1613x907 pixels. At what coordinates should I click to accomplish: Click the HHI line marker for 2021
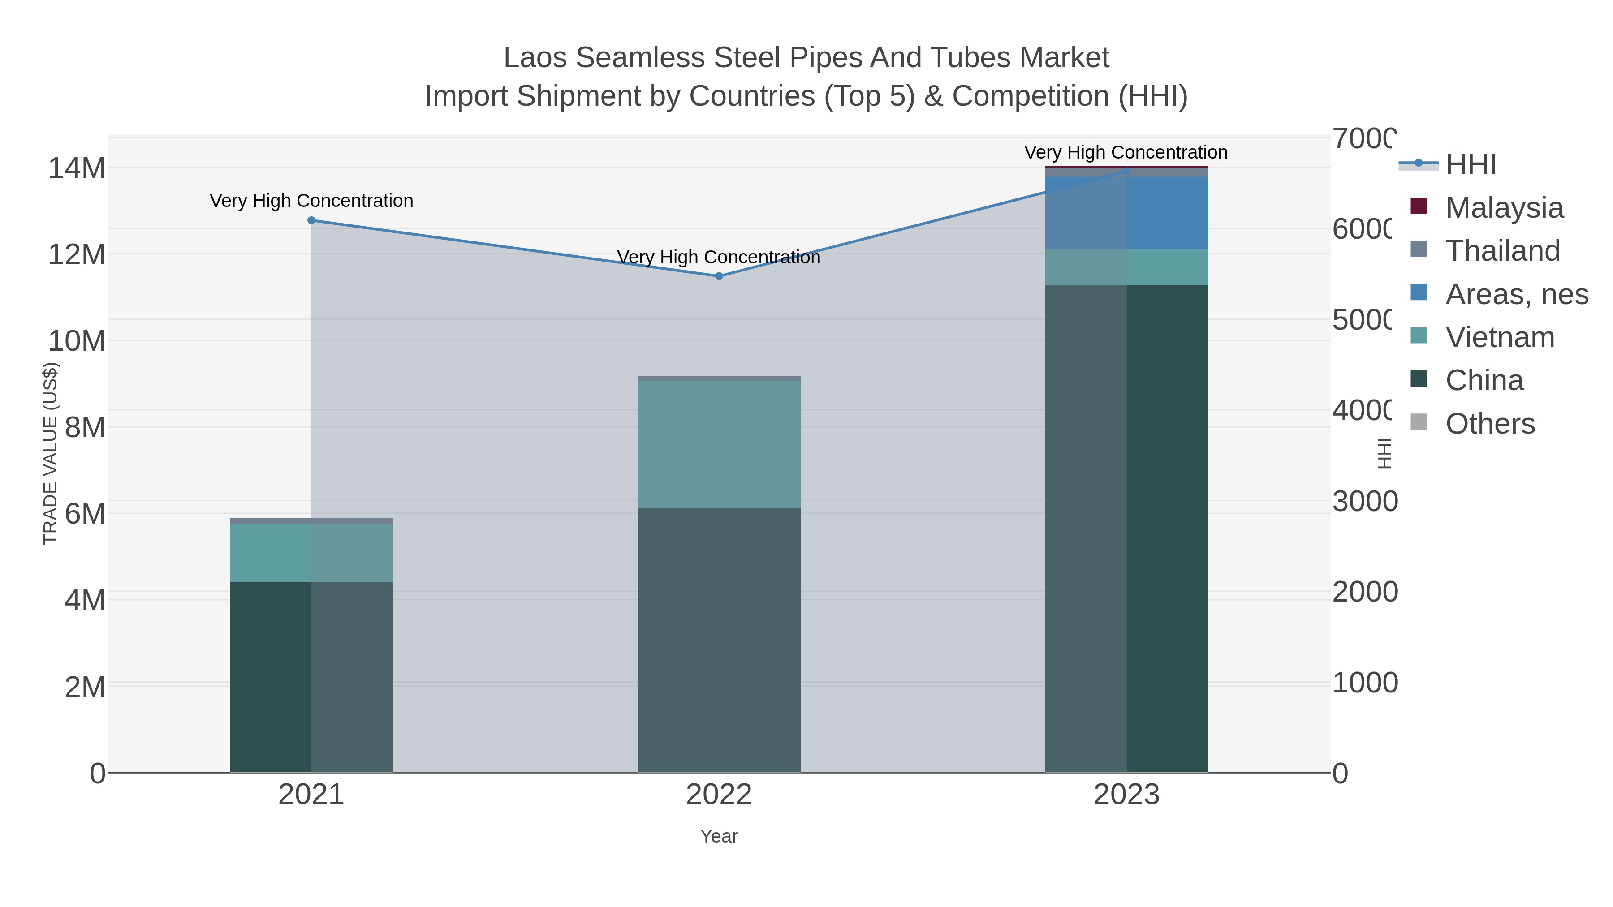pyautogui.click(x=311, y=220)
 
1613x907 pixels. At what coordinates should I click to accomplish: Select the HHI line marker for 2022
pyautogui.click(x=719, y=276)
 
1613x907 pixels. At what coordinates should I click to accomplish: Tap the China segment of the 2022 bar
pyautogui.click(x=719, y=638)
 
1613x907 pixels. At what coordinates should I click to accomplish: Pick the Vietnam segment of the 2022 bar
pyautogui.click(x=719, y=444)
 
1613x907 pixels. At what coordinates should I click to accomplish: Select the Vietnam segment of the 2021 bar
pyautogui.click(x=311, y=553)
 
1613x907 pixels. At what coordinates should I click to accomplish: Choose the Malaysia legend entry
pyautogui.click(x=1503, y=207)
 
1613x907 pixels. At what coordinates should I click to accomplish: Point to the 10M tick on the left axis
pyautogui.click(x=76, y=341)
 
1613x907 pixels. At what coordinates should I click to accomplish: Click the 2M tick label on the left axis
pyautogui.click(x=85, y=687)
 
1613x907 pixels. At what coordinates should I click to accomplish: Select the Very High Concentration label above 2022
pyautogui.click(x=719, y=257)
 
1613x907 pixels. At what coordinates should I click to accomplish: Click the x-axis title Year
pyautogui.click(x=719, y=836)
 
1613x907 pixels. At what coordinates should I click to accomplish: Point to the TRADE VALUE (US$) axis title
pyautogui.click(x=50, y=454)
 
